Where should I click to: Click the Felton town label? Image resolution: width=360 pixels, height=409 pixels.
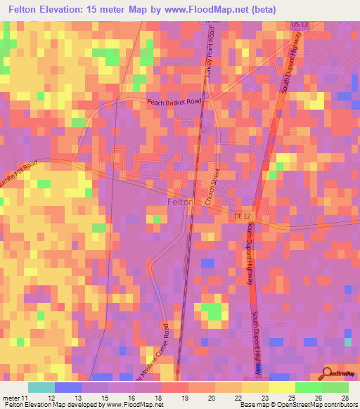(x=181, y=202)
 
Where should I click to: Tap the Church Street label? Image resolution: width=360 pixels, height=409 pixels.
(x=215, y=190)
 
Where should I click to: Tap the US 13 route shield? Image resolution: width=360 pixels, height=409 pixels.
(x=300, y=25)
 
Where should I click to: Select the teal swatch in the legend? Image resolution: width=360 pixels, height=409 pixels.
(x=41, y=387)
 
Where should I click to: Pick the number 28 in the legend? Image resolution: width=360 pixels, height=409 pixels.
(x=344, y=397)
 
